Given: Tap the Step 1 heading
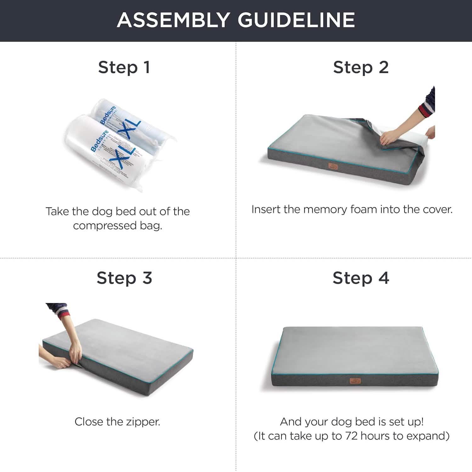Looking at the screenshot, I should [x=124, y=67].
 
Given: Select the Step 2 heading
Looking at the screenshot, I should [x=361, y=67].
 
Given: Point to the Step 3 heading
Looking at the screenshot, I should [x=124, y=278].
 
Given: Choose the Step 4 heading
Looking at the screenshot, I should [x=361, y=278].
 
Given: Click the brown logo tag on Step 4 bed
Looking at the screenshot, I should [x=355, y=381].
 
